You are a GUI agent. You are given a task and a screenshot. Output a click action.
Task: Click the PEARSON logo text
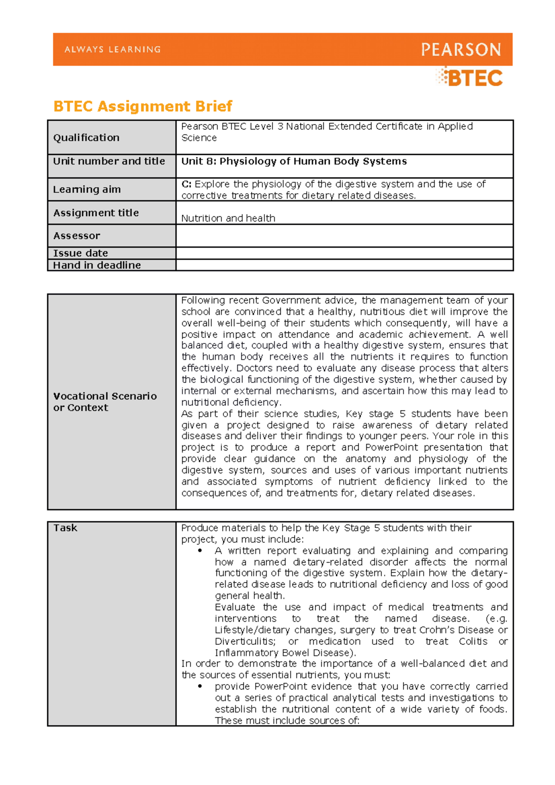click(x=461, y=49)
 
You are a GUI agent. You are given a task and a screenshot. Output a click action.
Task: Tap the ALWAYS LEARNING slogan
click(x=113, y=49)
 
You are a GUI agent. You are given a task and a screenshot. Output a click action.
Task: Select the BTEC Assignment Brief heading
click(x=142, y=106)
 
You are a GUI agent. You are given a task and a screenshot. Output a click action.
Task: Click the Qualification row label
click(x=86, y=138)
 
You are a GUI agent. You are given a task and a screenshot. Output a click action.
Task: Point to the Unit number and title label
click(x=109, y=161)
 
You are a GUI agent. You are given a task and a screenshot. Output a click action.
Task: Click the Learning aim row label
click(x=86, y=190)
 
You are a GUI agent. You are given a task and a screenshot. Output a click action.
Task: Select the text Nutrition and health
click(x=228, y=218)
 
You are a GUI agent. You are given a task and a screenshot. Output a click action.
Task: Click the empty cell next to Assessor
click(x=344, y=236)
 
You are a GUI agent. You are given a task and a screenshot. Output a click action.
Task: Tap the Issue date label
click(x=80, y=253)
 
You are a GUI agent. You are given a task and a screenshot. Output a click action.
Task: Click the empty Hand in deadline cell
click(x=344, y=265)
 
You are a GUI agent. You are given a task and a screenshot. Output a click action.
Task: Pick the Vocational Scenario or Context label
click(x=105, y=402)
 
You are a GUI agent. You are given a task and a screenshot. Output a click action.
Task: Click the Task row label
click(x=65, y=528)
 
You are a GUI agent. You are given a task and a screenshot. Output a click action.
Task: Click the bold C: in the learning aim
click(x=186, y=184)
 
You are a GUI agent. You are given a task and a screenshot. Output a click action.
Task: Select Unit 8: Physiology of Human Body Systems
click(x=294, y=161)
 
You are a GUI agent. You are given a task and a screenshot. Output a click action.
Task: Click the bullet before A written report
click(x=200, y=551)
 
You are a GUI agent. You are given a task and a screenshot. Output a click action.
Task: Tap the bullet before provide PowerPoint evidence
click(x=200, y=687)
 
